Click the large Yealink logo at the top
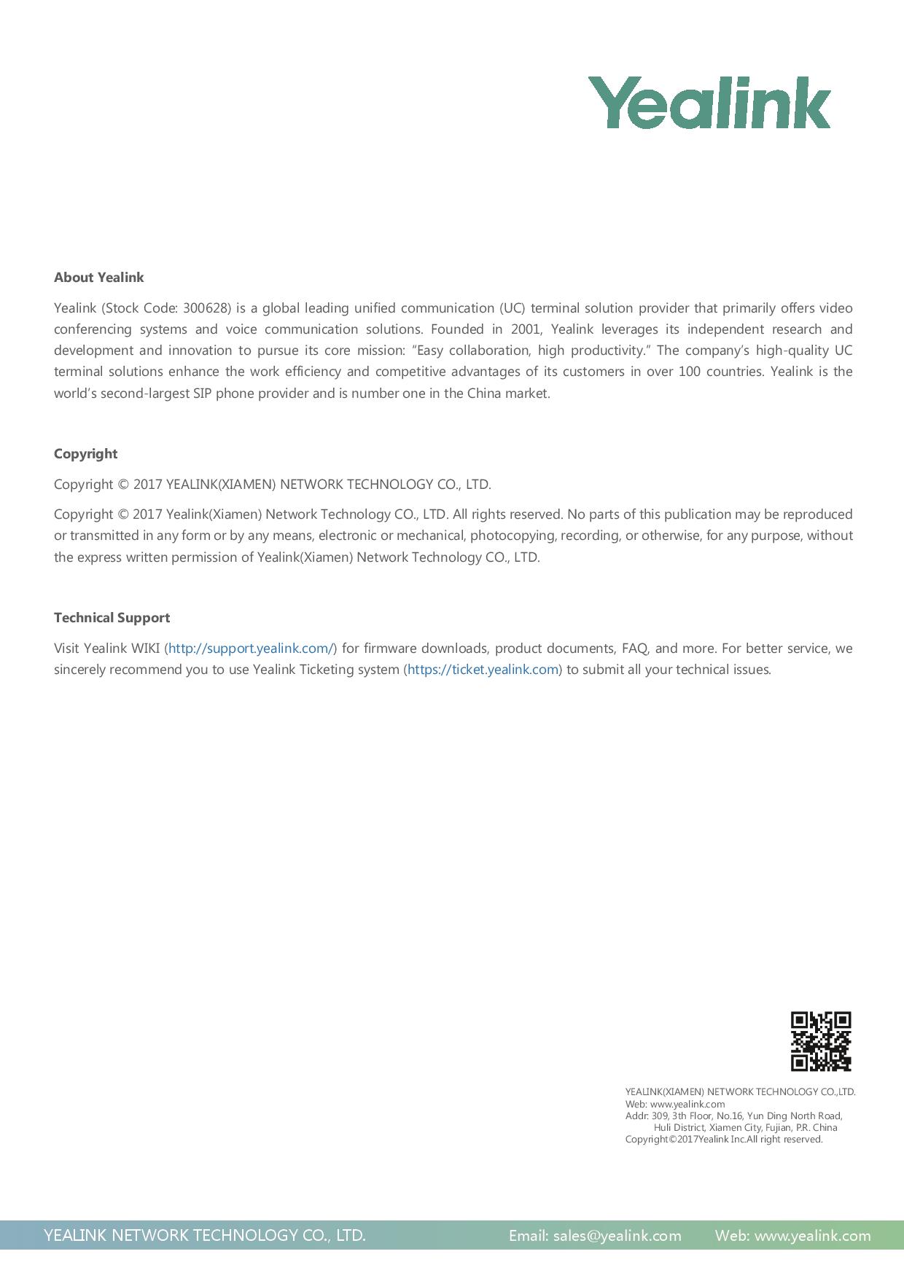[709, 103]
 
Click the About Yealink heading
[98, 278]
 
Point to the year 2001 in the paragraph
[526, 329]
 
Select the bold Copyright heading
[85, 454]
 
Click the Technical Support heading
[112, 618]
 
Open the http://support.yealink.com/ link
[251, 648]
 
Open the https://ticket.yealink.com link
[483, 670]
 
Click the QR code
[821, 1041]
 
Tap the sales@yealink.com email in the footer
[617, 1236]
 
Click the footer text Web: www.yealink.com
[792, 1236]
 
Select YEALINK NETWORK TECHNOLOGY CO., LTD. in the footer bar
[204, 1236]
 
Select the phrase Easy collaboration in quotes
[467, 350]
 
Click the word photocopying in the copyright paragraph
[513, 536]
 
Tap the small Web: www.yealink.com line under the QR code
[675, 1104]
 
